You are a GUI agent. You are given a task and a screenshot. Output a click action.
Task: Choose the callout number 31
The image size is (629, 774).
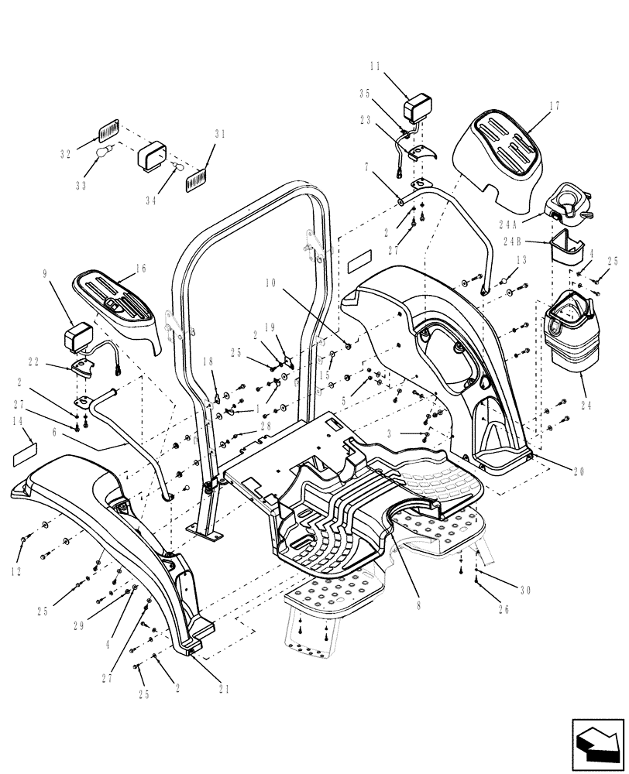pyautogui.click(x=220, y=134)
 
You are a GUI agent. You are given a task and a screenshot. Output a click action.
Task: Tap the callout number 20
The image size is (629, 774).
pyautogui.click(x=579, y=471)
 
